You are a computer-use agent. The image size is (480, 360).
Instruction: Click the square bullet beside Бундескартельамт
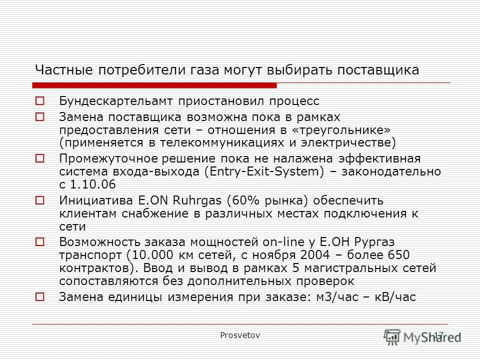(40, 101)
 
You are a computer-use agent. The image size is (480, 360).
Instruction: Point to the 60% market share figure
(244, 201)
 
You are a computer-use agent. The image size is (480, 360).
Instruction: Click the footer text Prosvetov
(240, 335)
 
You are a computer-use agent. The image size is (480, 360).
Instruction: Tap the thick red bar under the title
(155, 85)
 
